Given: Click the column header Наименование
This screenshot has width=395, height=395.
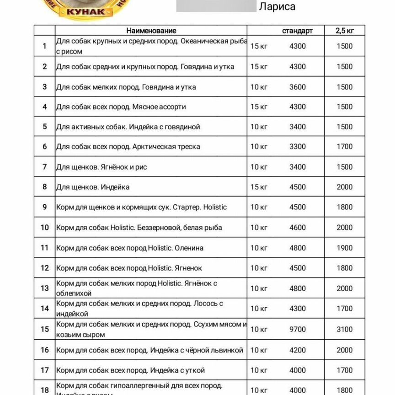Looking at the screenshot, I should [151, 31].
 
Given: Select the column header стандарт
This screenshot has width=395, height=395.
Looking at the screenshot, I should [297, 31].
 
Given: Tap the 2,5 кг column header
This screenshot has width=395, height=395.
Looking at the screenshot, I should [344, 31].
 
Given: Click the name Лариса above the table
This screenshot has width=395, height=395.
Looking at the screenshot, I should [277, 7].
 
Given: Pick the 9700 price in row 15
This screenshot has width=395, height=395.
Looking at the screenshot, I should [298, 329].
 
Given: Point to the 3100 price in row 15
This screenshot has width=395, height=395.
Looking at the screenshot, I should [344, 329].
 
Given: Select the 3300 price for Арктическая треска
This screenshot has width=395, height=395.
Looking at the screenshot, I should [298, 147].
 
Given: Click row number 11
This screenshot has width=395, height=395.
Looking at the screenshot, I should [44, 248].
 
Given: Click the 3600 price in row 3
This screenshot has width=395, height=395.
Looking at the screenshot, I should [298, 87].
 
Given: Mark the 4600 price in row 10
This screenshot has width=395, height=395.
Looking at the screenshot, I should [298, 228].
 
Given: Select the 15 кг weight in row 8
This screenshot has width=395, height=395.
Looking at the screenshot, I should [259, 187].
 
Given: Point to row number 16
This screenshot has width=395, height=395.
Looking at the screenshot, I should [44, 350].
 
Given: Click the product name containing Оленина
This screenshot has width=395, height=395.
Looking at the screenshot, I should [130, 248].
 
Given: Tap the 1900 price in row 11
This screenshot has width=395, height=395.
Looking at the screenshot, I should [344, 248].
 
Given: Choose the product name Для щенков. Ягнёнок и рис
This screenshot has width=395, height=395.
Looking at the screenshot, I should [101, 167].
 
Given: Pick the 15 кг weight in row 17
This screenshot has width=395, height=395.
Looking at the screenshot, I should [259, 370].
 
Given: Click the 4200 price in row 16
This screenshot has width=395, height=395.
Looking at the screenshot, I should [298, 350].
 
